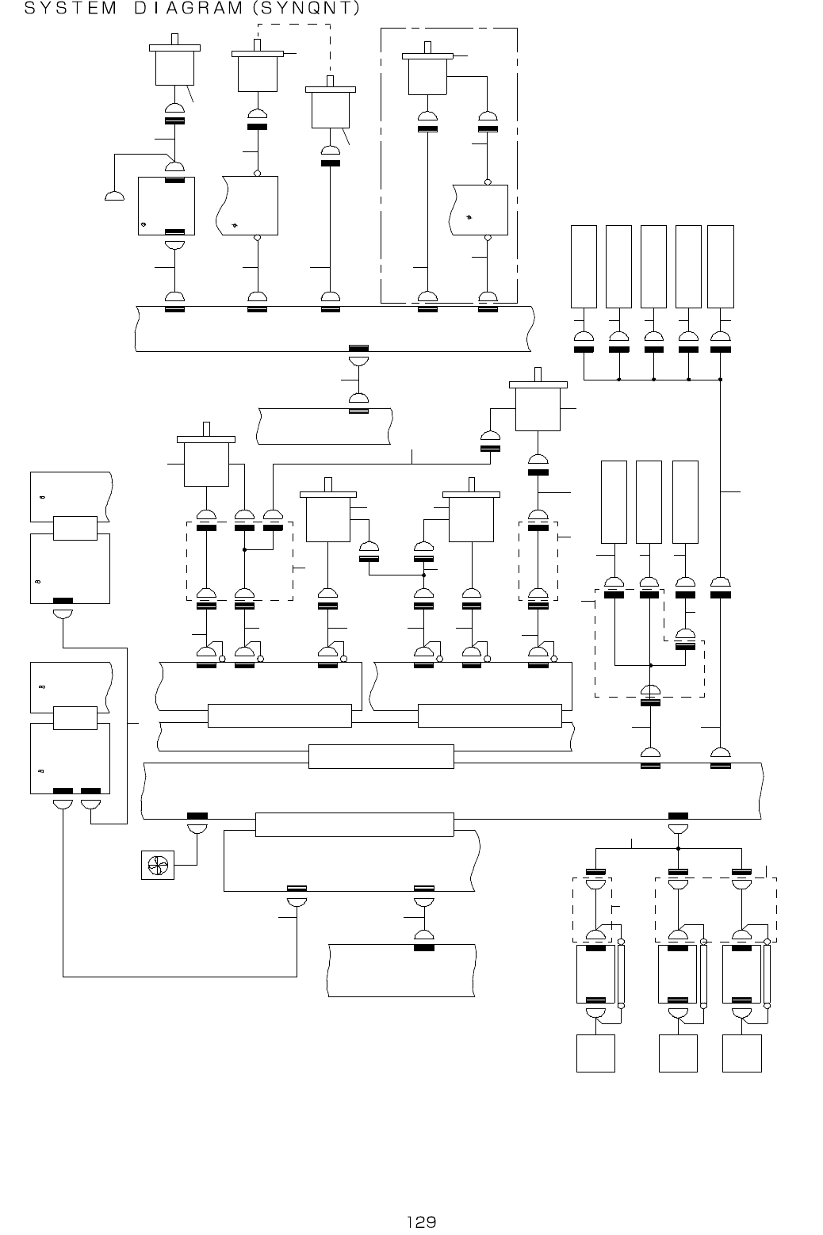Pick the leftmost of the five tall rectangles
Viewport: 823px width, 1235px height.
584,266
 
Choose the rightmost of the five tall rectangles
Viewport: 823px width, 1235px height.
720,266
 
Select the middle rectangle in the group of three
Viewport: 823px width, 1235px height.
649,502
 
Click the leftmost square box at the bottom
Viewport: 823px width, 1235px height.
595,1053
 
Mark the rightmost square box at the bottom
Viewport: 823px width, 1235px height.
742,1053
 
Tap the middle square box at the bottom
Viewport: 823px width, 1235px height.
679,1053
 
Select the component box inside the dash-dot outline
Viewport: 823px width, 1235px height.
480,209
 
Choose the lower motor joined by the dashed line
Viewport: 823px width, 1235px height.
331,108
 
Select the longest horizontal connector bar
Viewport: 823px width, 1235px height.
354,824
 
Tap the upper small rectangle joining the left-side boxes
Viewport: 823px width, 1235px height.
75,528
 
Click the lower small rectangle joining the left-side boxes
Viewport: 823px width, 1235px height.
75,717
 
